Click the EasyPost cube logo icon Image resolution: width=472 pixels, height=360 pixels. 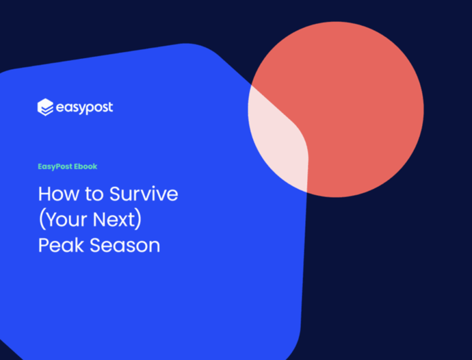click(x=45, y=107)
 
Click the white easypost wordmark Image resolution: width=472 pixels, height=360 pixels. click(x=85, y=108)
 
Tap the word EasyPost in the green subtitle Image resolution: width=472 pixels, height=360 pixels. click(x=55, y=167)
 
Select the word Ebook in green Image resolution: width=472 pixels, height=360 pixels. click(x=86, y=166)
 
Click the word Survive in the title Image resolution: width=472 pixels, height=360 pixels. click(x=143, y=194)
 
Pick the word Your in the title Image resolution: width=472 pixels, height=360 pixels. click(x=66, y=219)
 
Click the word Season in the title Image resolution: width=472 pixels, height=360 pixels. click(x=125, y=245)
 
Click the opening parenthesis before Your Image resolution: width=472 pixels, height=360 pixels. click(x=42, y=220)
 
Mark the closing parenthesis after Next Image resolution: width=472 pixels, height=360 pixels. click(x=138, y=220)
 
